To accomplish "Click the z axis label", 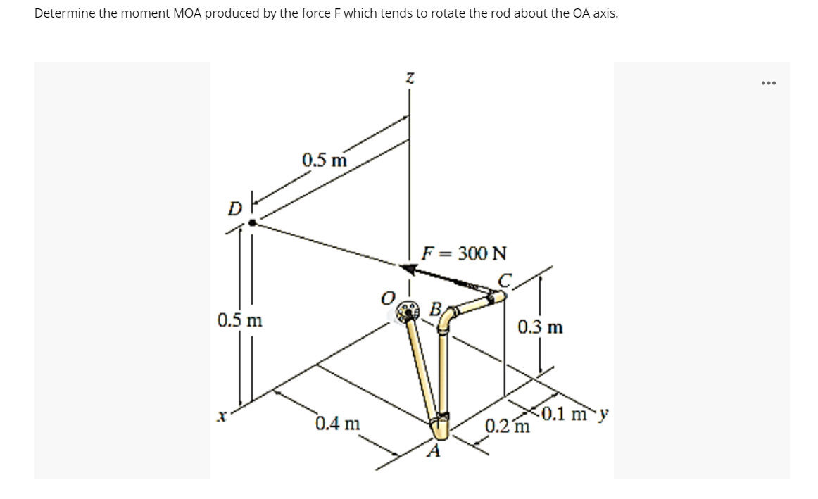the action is pyautogui.click(x=410, y=78).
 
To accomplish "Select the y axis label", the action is pyautogui.click(x=603, y=415).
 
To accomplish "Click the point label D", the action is pyautogui.click(x=235, y=209).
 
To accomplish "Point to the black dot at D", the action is pyautogui.click(x=253, y=222).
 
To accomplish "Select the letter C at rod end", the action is pyautogui.click(x=504, y=281).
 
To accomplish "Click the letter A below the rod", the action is pyautogui.click(x=433, y=450).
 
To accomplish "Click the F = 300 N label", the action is pyautogui.click(x=464, y=253).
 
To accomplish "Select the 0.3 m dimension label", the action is pyautogui.click(x=541, y=327).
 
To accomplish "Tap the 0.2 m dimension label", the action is pyautogui.click(x=508, y=426).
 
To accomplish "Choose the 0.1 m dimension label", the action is pyautogui.click(x=565, y=414).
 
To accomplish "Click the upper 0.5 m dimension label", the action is pyautogui.click(x=325, y=160).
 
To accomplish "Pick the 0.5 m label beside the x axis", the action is pyautogui.click(x=240, y=320).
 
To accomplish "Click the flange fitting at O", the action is pyautogui.click(x=408, y=311).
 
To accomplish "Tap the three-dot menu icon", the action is pyautogui.click(x=769, y=83).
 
